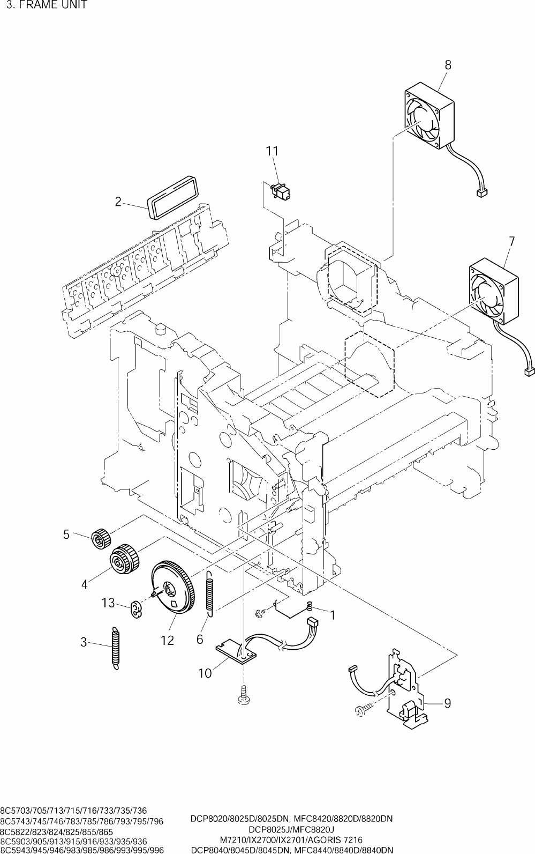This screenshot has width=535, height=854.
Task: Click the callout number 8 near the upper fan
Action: click(448, 65)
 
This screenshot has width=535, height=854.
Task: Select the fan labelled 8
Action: click(429, 115)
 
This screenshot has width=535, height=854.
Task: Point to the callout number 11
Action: click(272, 151)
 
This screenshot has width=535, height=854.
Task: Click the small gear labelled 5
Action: click(101, 539)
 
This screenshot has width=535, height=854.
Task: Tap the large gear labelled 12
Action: click(174, 587)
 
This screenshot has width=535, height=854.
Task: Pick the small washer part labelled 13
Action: click(135, 608)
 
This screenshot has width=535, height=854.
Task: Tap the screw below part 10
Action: click(243, 695)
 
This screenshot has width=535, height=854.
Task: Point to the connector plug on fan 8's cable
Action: click(481, 194)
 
